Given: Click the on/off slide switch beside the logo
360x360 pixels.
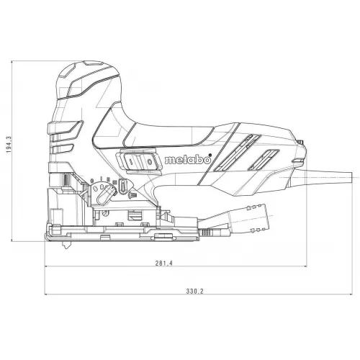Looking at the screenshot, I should point(141,163).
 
